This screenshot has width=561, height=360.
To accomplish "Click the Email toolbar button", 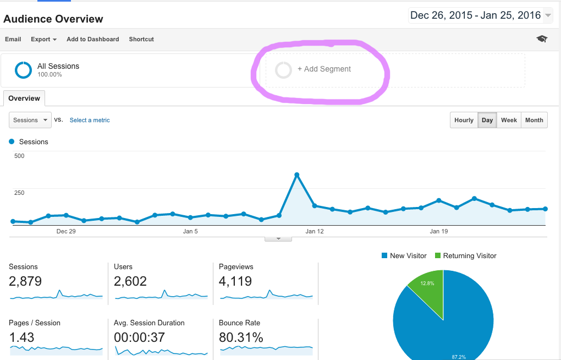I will coord(13,39).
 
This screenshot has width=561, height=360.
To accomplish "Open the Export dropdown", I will coord(44,39).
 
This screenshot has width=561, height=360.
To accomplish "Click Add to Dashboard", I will coord(92,39).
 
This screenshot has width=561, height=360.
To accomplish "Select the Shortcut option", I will coord(141,39).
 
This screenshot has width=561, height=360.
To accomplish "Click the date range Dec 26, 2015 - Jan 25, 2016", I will coord(475,15).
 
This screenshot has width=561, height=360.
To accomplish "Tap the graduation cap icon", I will coord(542,39).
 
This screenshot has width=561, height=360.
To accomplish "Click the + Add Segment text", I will coord(324,69).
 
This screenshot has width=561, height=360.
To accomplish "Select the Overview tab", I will coord(24,99).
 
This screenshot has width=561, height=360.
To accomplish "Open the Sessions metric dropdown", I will coord(30,120).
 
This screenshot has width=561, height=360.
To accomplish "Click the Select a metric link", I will coord(90,120).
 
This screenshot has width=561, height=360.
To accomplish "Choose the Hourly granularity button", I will coord(464,120).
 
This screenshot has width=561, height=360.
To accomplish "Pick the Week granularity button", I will coord(509,120).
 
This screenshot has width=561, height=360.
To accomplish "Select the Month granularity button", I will coord(534,120).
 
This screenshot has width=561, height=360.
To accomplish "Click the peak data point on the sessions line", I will coord(297,175).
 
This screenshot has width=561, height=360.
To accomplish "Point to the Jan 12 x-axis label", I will coord(315,232).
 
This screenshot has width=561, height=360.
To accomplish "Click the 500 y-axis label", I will coord(19,156).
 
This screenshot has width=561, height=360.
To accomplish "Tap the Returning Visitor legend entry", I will coord(469,256).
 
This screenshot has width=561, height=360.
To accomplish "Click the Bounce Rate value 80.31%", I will coord(241,337).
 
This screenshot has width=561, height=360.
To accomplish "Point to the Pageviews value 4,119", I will coord(235,281).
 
